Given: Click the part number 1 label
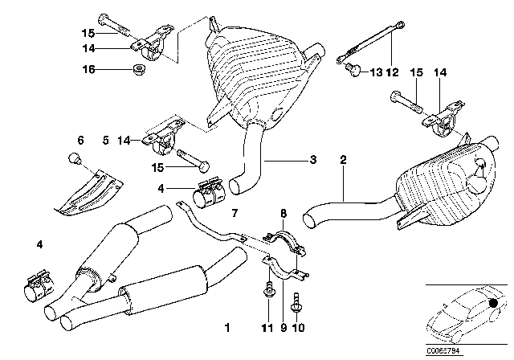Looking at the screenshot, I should tap(227, 328).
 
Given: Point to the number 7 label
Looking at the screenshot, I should tap(235, 213).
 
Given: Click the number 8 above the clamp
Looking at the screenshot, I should tap(284, 213).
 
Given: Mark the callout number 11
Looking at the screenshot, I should tap(266, 328).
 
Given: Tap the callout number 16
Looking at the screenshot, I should tap(92, 70).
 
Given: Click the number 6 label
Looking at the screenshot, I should tap(80, 140).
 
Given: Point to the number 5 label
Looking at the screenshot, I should tap(105, 140).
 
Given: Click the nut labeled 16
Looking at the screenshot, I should tap(136, 70).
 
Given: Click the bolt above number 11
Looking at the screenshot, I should tap(266, 297).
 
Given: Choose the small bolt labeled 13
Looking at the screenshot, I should tap(350, 72).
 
